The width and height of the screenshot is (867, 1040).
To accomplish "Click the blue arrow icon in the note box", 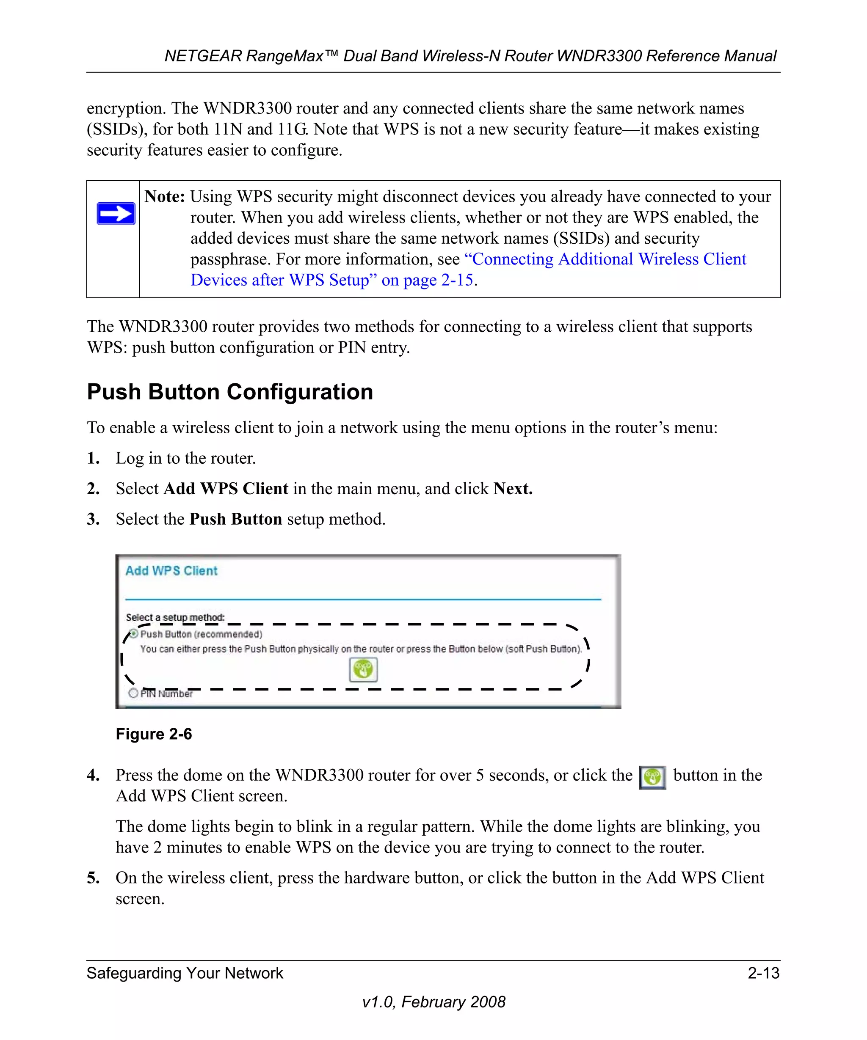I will [x=116, y=213].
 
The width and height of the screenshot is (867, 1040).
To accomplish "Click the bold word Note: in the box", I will [x=165, y=197].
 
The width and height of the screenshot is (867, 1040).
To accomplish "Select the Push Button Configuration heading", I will [x=230, y=392].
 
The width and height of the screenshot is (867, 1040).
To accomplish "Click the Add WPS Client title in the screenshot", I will [x=171, y=570].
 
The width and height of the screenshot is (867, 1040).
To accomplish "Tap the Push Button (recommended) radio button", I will [x=133, y=633].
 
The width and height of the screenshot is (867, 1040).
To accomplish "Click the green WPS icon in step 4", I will [x=652, y=777].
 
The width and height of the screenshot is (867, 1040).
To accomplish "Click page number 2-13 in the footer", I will [x=763, y=973].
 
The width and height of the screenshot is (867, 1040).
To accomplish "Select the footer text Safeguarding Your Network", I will [x=185, y=973].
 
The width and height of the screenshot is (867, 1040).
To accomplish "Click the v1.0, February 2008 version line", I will [x=433, y=1001].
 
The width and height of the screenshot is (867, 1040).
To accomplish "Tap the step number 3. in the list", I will [x=93, y=519].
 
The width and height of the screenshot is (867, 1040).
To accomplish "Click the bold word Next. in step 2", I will [x=513, y=489].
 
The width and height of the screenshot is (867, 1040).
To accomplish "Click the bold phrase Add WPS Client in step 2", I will [x=226, y=489].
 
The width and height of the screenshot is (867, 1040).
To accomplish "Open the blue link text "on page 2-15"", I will [x=427, y=280].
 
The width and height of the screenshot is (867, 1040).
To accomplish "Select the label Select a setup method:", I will [x=175, y=617].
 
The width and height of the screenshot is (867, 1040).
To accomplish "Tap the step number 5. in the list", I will [x=93, y=878].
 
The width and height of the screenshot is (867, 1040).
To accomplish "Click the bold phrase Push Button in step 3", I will [x=235, y=519].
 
